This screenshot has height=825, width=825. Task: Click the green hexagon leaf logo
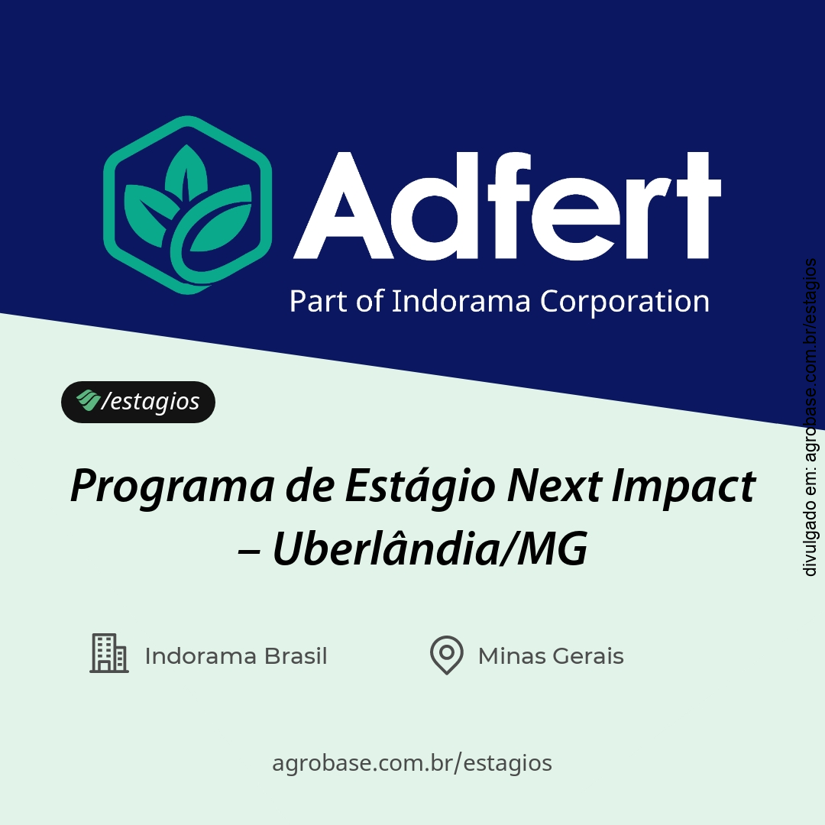(x=188, y=205)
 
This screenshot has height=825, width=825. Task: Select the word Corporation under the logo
(x=625, y=301)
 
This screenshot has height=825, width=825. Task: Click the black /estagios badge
(x=138, y=402)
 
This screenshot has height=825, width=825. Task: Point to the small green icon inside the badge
(x=87, y=400)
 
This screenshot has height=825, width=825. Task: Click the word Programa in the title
(x=171, y=487)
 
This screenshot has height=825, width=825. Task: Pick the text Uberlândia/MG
(x=430, y=550)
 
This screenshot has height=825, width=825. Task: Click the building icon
(x=109, y=653)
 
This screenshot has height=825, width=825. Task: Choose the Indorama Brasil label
(x=236, y=656)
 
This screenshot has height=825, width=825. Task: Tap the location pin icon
(x=447, y=655)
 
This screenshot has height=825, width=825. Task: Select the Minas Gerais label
(x=551, y=656)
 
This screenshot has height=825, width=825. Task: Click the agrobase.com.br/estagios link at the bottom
(x=412, y=762)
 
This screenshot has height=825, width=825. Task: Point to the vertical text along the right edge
(x=810, y=417)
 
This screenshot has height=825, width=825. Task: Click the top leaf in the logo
(x=184, y=170)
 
